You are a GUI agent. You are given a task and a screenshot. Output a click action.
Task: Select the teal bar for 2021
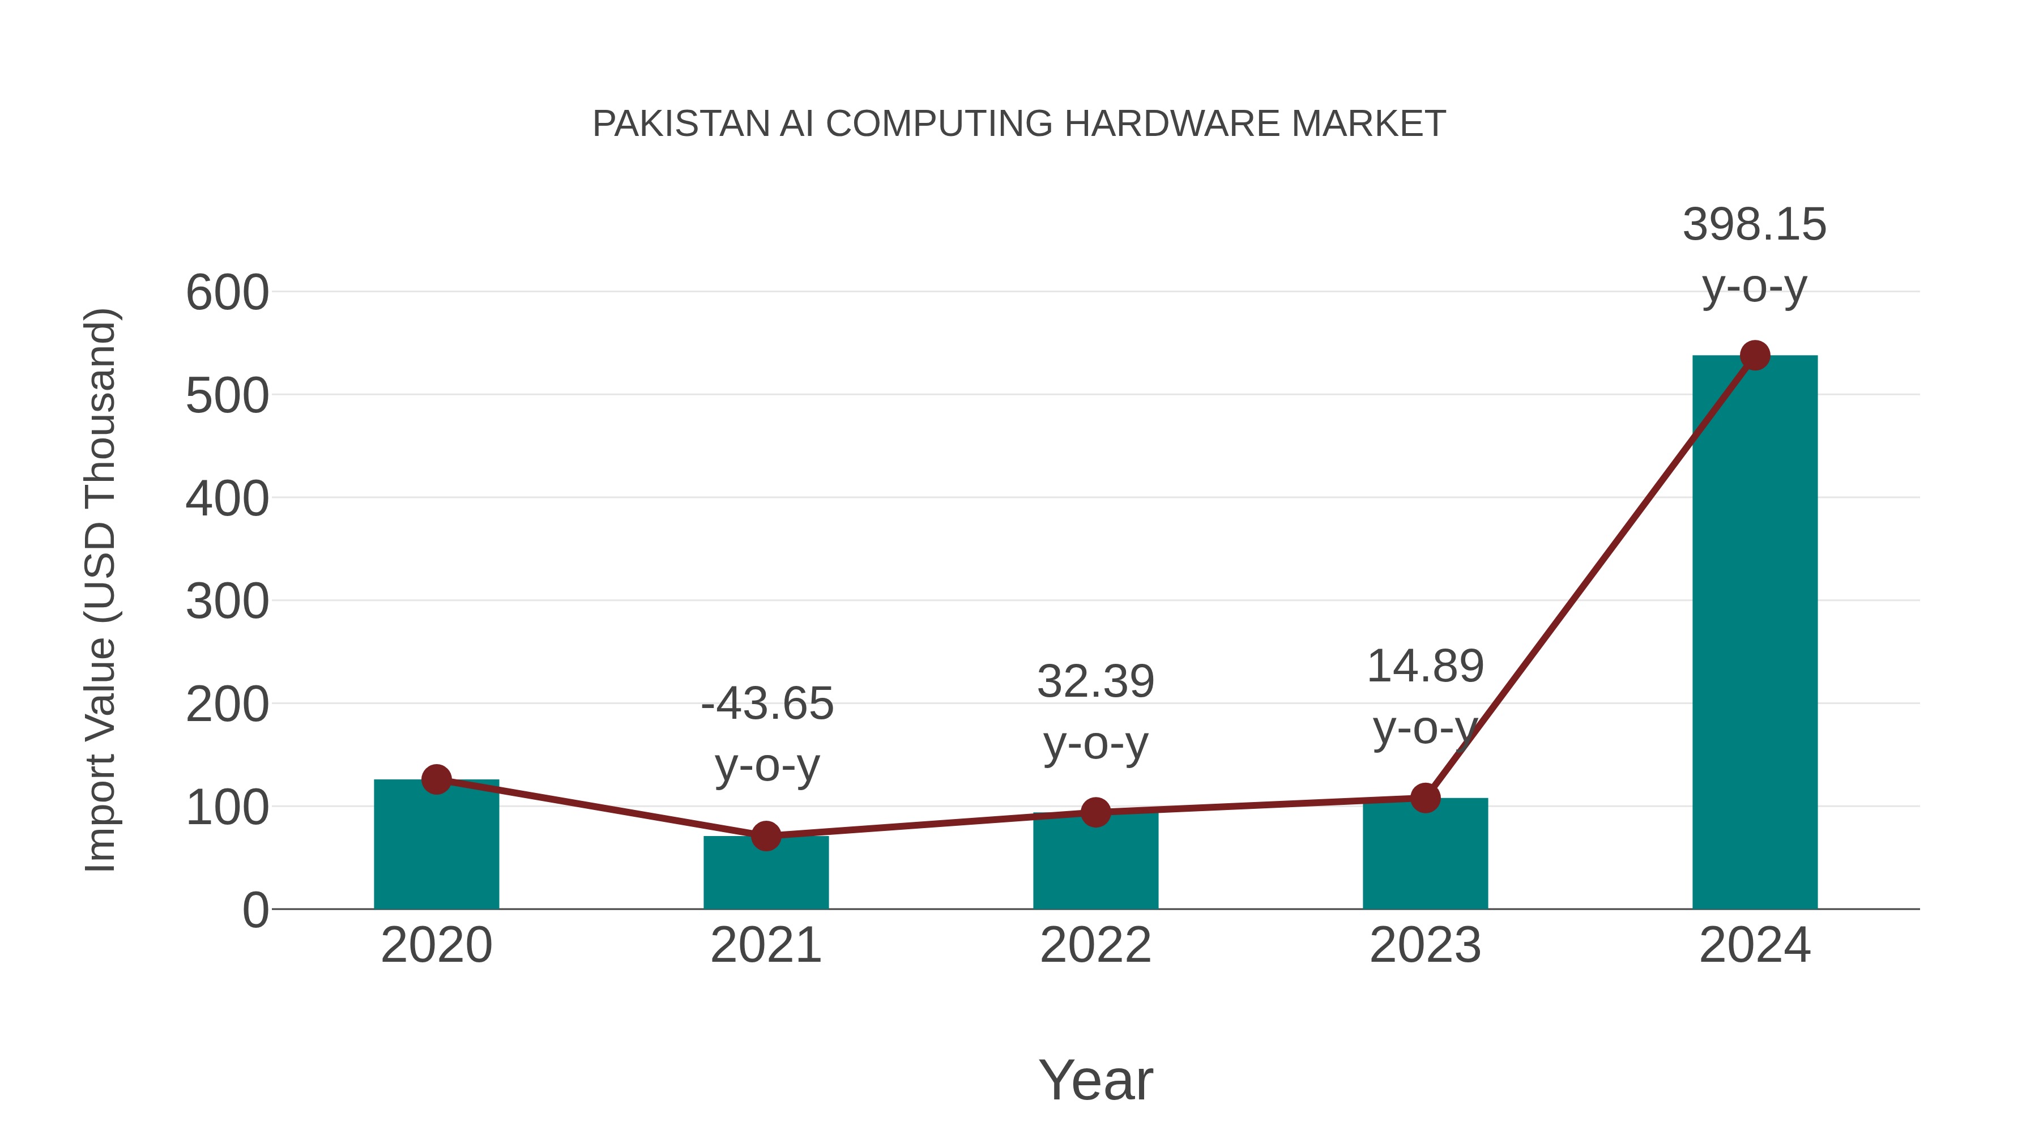coord(765,875)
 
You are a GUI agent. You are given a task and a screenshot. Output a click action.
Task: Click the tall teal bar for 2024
coord(1755,633)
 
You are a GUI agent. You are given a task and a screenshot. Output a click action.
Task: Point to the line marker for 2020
coord(436,780)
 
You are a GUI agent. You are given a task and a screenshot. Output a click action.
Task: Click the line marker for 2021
coord(765,836)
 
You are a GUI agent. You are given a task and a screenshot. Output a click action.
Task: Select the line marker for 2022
coord(1095,812)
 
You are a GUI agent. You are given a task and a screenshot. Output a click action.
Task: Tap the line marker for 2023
coord(1425,798)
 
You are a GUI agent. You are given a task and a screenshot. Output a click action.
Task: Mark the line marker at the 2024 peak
coord(1755,355)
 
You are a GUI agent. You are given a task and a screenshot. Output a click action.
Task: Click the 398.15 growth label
coord(1754,225)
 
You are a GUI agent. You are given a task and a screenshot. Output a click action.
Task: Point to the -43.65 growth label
coord(767,703)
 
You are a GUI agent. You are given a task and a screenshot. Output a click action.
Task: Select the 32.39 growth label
coord(1095,681)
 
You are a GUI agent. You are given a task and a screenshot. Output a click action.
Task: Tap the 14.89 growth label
coord(1425,667)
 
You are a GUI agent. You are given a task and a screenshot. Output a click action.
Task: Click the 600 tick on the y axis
coord(227,293)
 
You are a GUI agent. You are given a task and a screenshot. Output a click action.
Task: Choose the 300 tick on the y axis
coord(227,602)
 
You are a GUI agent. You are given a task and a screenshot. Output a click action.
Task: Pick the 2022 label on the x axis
coord(1095,945)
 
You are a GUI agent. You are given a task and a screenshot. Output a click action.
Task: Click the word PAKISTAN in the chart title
coord(681,124)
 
